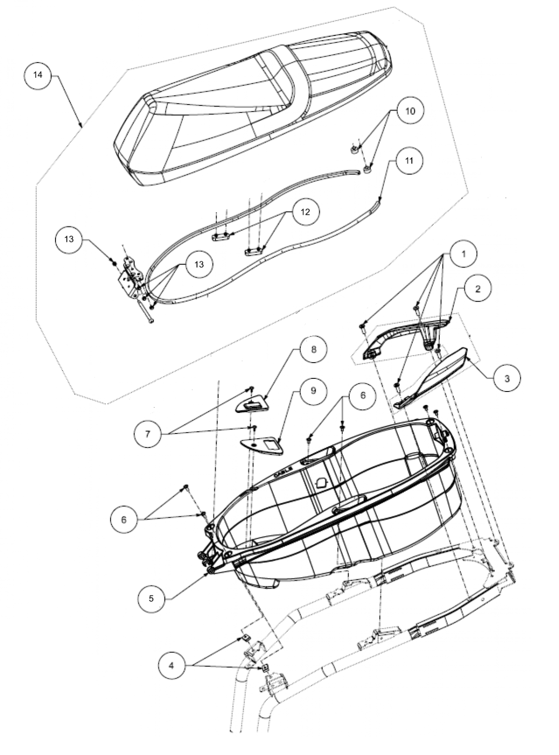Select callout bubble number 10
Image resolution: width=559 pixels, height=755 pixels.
coord(409,111)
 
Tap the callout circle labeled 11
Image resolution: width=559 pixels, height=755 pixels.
coord(409,161)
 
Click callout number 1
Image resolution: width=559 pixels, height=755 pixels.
coord(463,254)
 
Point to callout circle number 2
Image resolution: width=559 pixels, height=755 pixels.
coord(477,289)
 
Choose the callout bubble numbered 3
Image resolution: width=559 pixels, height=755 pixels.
coord(506,378)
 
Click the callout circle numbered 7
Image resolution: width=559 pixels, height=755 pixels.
coord(148,434)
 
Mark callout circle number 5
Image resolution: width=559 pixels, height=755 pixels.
coord(151,598)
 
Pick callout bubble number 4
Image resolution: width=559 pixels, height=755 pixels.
coord(171,666)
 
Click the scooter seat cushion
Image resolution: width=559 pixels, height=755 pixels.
coord(252,107)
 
